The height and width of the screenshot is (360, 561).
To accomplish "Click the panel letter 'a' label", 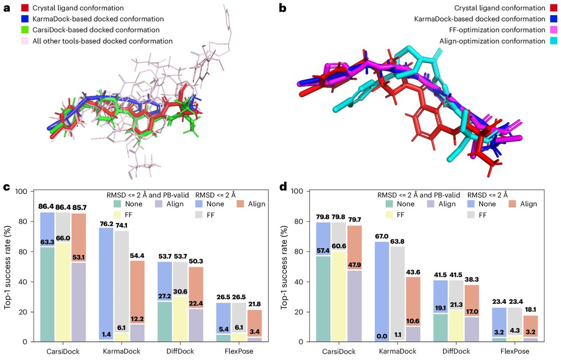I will click(7, 8).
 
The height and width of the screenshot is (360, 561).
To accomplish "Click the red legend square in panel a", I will click(25, 8).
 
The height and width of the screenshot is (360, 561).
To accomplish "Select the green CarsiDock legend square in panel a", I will click(25, 30).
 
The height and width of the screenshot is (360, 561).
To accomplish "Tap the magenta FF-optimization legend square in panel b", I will click(554, 30).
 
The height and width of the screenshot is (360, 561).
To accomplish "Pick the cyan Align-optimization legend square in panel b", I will click(554, 41).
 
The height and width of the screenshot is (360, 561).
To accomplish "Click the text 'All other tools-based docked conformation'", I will click(103, 41).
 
